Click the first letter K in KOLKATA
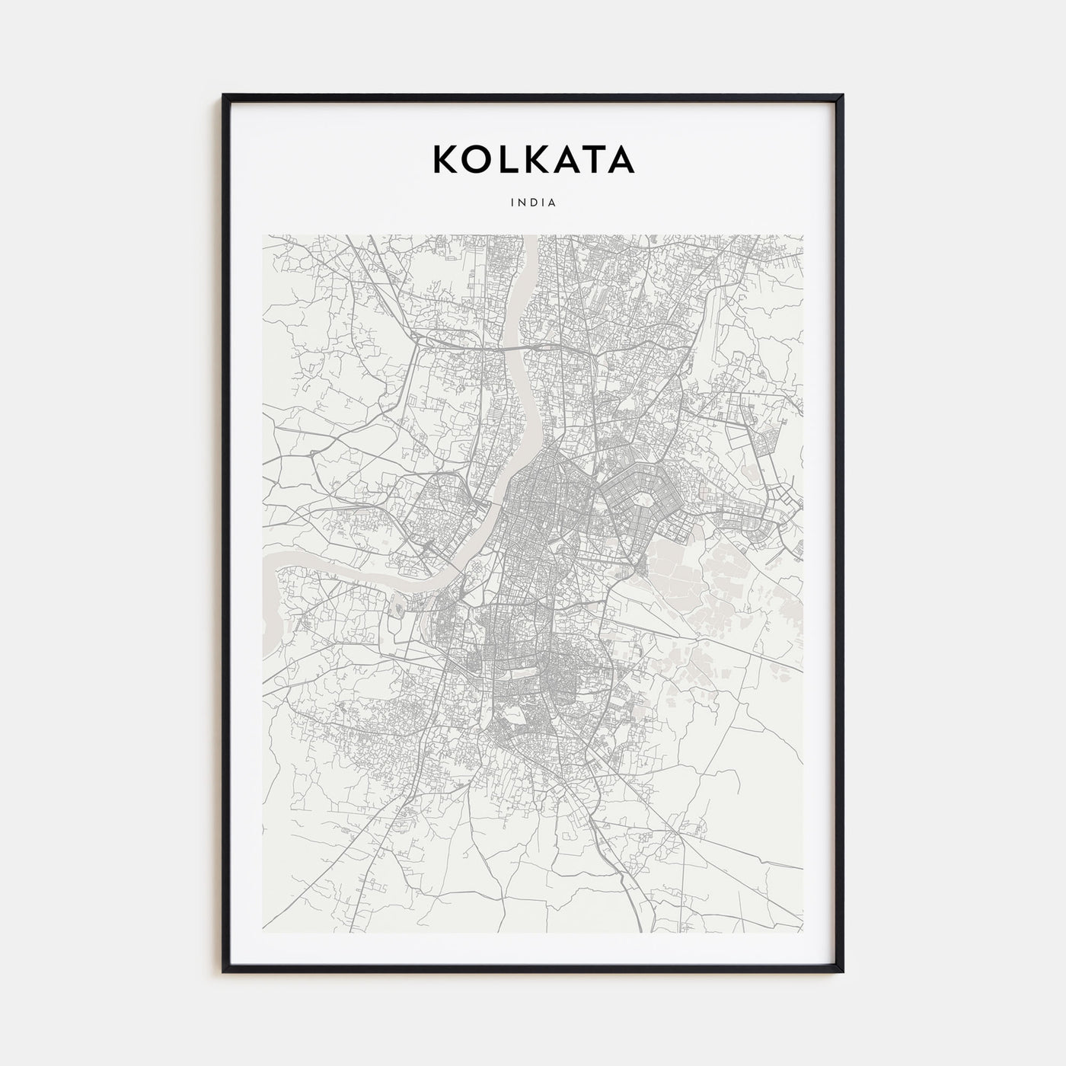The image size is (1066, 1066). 445,159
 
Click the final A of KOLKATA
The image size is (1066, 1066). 621,159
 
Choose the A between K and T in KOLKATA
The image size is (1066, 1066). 565,159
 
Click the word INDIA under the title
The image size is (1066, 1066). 533,203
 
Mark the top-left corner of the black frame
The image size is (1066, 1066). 224,95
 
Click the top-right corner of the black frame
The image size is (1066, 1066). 842,95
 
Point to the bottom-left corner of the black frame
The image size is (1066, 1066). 224,972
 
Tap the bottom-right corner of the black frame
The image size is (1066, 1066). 842,972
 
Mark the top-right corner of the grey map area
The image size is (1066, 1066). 803,235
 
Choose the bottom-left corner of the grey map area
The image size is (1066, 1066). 263,932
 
